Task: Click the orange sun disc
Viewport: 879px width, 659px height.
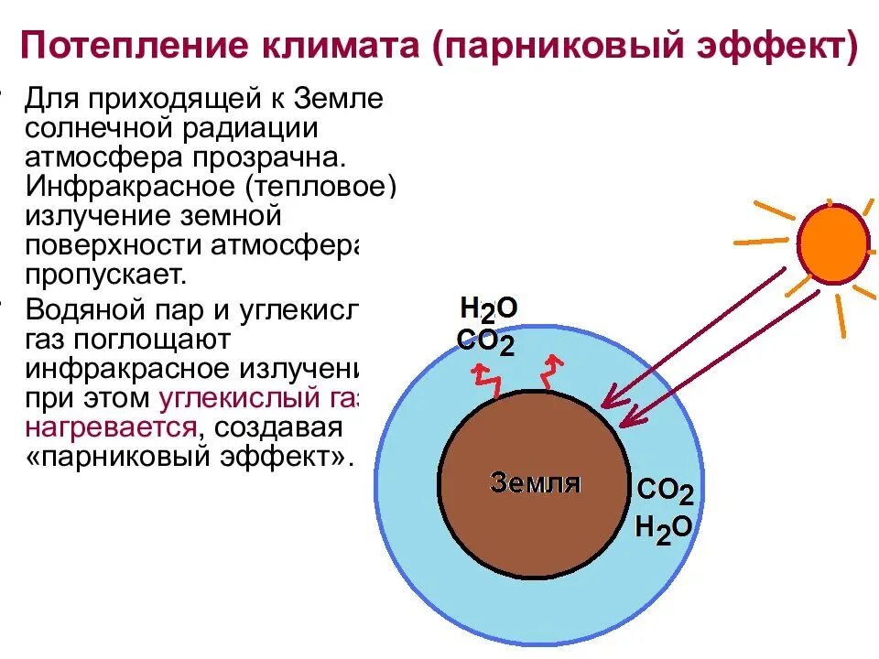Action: coord(832,243)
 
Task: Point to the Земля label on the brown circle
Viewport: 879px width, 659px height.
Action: coord(536,481)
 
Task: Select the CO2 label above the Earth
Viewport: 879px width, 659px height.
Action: coord(485,343)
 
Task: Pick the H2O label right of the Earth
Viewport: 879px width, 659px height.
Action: coord(664,528)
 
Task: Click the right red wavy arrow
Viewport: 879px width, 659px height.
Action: coord(551,370)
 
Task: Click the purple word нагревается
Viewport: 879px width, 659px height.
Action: coord(110,427)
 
